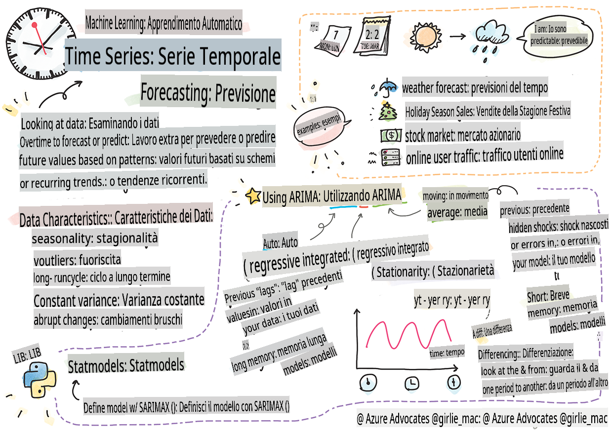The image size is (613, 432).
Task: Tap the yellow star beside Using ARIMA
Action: coord(253,196)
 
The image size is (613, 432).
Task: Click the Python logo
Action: coord(40,380)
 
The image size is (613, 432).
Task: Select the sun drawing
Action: coord(425,37)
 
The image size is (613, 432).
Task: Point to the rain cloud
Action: coord(491,39)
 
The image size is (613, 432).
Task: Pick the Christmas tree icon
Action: coord(387,112)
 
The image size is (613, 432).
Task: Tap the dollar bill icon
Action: coord(391,135)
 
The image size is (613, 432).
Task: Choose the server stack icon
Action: coord(391,157)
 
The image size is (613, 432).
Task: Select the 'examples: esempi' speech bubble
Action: coord(320,125)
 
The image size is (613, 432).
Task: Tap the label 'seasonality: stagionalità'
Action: coord(95,238)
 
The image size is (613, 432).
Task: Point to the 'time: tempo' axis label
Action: coord(447,353)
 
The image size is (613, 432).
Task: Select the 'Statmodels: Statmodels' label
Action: coord(126,365)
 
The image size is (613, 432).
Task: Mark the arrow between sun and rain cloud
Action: coord(457,36)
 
